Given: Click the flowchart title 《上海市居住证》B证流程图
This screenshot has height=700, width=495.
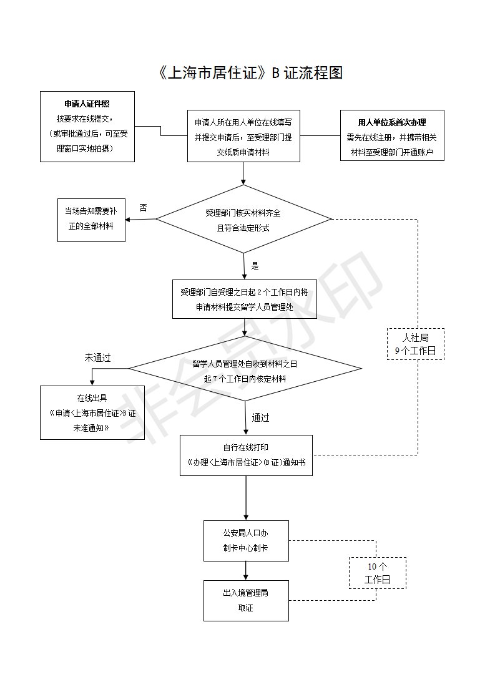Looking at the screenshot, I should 250,73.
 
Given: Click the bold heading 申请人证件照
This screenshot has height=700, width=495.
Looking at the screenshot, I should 87,104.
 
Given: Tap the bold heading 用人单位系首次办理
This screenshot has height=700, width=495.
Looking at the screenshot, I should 392,122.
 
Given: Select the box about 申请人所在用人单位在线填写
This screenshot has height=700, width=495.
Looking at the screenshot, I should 244,136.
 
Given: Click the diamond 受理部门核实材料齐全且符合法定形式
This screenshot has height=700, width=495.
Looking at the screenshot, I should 243,219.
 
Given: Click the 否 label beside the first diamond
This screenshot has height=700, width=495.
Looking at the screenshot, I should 143,207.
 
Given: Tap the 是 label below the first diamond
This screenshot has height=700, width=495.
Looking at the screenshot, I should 255,266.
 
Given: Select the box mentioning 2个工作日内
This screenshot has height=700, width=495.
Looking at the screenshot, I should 244,299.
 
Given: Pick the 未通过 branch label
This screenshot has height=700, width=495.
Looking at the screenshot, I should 97,358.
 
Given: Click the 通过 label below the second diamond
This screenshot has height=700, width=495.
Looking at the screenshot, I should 261,417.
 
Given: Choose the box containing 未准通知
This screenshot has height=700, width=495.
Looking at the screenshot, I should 92,412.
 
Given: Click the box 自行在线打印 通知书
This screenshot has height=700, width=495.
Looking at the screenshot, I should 246,455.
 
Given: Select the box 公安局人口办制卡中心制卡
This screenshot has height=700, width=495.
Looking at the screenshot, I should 246,540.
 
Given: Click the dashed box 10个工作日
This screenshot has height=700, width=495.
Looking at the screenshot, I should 377,573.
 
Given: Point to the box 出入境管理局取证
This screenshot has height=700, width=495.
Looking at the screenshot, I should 246,600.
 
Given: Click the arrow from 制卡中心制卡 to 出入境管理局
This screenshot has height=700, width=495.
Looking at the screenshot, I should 246,570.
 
